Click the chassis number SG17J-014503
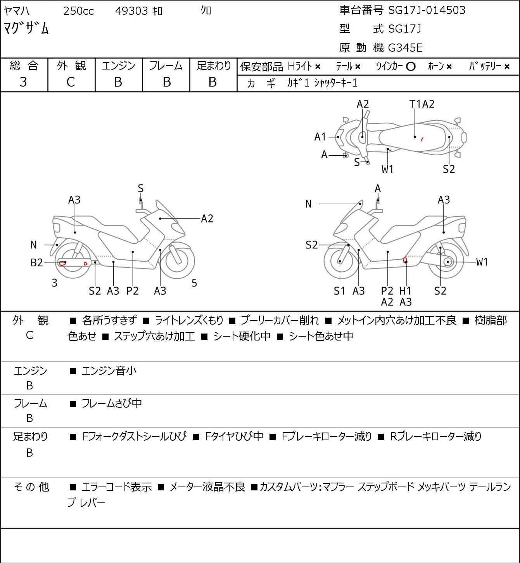tap(427, 10)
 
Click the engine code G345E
tap(405, 48)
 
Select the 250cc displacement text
tap(78, 11)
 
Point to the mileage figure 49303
tap(131, 11)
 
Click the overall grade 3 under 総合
tap(23, 82)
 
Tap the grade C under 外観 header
tap(71, 82)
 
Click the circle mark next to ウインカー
tap(411, 67)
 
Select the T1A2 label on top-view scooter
tap(422, 104)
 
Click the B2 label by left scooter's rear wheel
tap(36, 263)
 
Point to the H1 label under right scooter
tap(405, 290)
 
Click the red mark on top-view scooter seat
tap(422, 139)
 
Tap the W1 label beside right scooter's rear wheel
tap(482, 262)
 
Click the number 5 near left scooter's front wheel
tap(194, 283)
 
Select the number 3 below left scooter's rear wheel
tap(54, 283)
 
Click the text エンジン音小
tap(109, 371)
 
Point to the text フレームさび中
tap(112, 403)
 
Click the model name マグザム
tap(26, 28)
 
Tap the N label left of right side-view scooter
tap(308, 204)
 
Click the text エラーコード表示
tap(116, 487)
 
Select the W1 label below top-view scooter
tap(387, 169)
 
